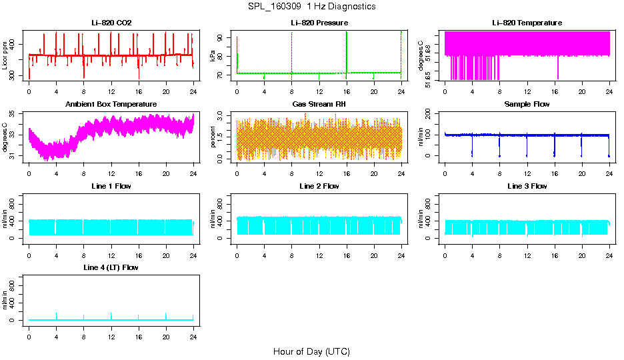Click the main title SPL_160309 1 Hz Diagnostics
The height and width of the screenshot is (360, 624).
(311, 7)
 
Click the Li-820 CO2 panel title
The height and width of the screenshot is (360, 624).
(111, 23)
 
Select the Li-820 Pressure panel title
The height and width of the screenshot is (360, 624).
(319, 23)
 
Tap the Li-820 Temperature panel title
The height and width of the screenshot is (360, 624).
(527, 23)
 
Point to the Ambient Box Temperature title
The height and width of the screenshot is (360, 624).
(111, 105)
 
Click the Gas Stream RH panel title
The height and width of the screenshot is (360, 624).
(319, 105)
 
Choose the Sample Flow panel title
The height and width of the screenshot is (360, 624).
(527, 105)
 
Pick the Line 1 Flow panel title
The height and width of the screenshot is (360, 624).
(111, 186)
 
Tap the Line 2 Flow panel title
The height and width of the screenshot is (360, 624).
(319, 186)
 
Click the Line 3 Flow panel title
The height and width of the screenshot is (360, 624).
(527, 186)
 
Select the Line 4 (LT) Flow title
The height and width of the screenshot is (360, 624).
(111, 267)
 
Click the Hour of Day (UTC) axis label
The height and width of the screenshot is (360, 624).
(311, 351)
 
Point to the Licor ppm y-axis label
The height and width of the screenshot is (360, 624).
(5, 55)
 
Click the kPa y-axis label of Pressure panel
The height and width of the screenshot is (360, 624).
(213, 55)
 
